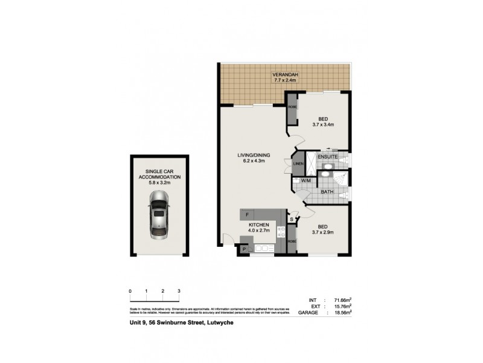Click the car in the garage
[159, 215]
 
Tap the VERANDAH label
[286, 74]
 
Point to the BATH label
[327, 192]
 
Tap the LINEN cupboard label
[298, 164]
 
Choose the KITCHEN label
[258, 224]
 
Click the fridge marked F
[247, 214]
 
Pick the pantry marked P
[245, 249]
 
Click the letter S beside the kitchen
[291, 219]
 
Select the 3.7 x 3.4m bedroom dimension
[323, 125]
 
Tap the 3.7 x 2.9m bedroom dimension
[323, 232]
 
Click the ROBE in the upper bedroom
[292, 107]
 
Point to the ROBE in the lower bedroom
[291, 241]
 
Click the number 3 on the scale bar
[179, 292]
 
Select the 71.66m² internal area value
[340, 300]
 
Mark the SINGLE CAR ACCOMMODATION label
[159, 174]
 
